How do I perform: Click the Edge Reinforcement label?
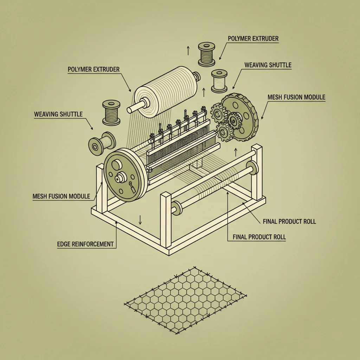click(x=85, y=244)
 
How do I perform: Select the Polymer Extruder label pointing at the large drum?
click(x=94, y=69)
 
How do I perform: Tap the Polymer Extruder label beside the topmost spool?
click(x=253, y=39)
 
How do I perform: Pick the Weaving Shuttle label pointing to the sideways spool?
click(x=58, y=114)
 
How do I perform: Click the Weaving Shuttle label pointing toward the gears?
click(x=268, y=65)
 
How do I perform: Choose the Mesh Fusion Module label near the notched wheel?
click(x=296, y=97)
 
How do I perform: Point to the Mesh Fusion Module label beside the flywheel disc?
click(x=61, y=196)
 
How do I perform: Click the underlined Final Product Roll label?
click(x=259, y=237)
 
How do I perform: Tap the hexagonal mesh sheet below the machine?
click(x=186, y=300)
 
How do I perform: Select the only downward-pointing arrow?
click(x=140, y=220)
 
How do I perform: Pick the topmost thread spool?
click(x=207, y=54)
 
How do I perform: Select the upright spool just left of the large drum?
click(x=111, y=113)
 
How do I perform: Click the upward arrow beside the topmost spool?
click(x=188, y=51)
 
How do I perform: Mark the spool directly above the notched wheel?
click(x=219, y=81)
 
